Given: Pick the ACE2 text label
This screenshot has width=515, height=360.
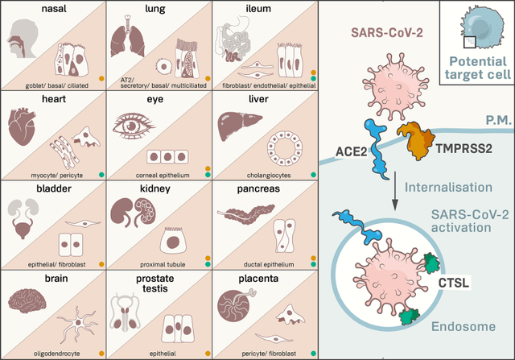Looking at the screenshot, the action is [x=351, y=151].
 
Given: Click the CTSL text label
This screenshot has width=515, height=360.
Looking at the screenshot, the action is [x=454, y=283].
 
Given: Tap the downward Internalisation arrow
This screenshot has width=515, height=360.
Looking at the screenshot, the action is [x=395, y=191].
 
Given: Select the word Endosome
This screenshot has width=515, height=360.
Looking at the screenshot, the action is [x=463, y=326].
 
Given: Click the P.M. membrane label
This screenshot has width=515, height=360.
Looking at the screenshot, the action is [x=499, y=120].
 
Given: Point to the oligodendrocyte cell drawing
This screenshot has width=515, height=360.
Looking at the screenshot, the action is [x=77, y=324].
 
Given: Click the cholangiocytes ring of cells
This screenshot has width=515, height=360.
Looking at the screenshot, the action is [x=284, y=148].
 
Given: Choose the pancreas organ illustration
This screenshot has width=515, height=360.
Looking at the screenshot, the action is [x=246, y=214].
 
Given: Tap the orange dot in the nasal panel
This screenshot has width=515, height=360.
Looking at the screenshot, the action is [x=101, y=79].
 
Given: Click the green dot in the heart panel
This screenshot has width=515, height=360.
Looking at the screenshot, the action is [x=101, y=175].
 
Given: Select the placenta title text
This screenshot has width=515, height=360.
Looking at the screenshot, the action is [x=258, y=279].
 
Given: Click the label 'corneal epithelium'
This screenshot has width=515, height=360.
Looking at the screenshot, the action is [x=163, y=176].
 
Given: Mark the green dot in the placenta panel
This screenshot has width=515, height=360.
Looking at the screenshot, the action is [x=313, y=354].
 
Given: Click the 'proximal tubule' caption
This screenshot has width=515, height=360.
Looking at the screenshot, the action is [x=163, y=264].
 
